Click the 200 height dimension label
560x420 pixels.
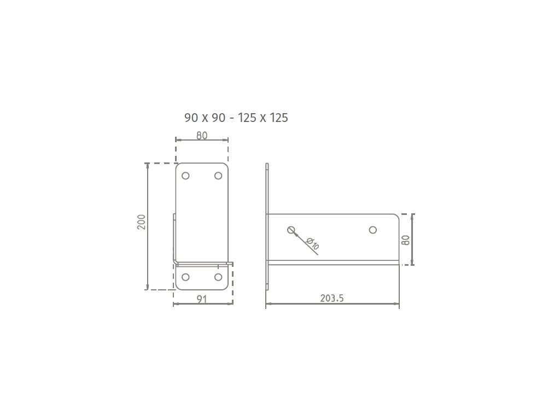tap(142, 222)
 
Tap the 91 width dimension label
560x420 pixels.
tap(202, 299)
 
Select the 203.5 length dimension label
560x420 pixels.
tap(332, 298)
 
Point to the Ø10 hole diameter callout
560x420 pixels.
tap(313, 243)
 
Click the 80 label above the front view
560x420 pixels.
tap(202, 136)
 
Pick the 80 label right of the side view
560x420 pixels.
tap(405, 240)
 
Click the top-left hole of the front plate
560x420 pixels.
tap(185, 176)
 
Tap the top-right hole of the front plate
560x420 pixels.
tap(218, 176)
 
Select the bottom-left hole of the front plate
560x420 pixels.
tap(185, 277)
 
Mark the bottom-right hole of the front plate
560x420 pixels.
tap(218, 277)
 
